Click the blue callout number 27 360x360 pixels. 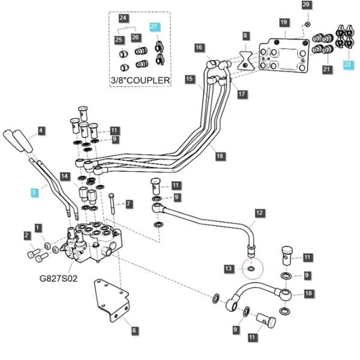click(154, 26)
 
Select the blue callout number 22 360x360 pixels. click(347, 65)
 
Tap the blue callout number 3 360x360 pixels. click(34, 192)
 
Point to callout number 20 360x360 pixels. click(306, 5)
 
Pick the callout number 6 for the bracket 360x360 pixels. click(134, 331)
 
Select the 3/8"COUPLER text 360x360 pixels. click(140, 80)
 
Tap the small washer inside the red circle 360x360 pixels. click(251, 268)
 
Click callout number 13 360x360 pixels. click(229, 269)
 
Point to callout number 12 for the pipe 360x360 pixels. click(259, 213)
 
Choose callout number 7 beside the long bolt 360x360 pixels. click(128, 204)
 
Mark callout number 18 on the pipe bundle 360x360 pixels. click(220, 156)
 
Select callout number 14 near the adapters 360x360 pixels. click(65, 176)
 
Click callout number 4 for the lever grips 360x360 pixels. click(40, 131)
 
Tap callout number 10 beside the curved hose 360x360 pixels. click(308, 293)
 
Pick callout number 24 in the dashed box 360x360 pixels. click(123, 18)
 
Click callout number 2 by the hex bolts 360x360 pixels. click(27, 235)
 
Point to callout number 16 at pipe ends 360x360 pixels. click(199, 47)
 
